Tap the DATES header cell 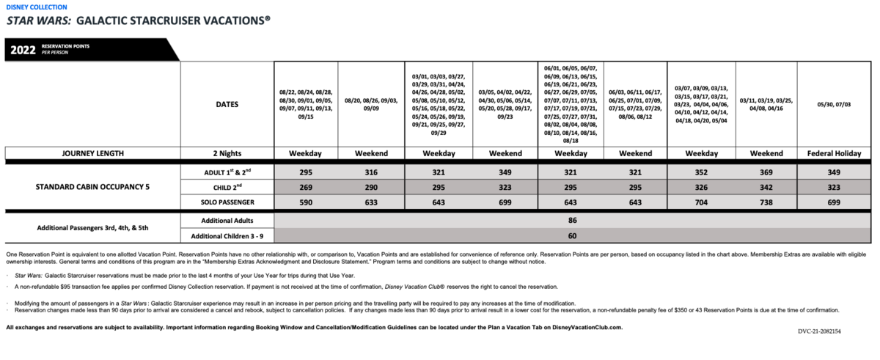[227, 104]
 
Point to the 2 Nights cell [227, 153]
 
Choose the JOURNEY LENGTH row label [92, 153]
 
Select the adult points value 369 [764, 171]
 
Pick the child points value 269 [305, 186]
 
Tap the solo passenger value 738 [764, 202]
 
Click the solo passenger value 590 [305, 202]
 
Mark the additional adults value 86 [573, 220]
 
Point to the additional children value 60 [573, 236]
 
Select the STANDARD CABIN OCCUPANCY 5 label [92, 186]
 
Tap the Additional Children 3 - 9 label [227, 236]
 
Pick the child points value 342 [764, 186]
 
